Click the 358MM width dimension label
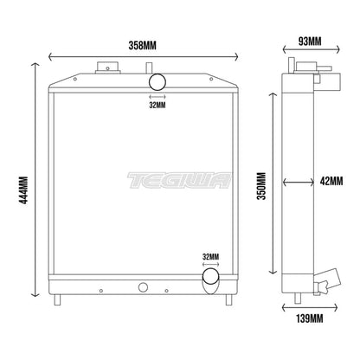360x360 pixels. [142, 45]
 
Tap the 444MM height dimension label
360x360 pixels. [23, 190]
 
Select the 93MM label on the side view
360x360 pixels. [310, 42]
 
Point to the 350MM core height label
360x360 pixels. [262, 186]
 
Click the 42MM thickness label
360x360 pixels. [331, 181]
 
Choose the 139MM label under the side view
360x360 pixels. [310, 318]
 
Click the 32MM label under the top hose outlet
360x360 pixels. [157, 105]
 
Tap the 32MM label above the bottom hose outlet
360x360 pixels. [211, 256]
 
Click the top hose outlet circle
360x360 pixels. [157, 82]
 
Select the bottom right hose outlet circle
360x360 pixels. [211, 276]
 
